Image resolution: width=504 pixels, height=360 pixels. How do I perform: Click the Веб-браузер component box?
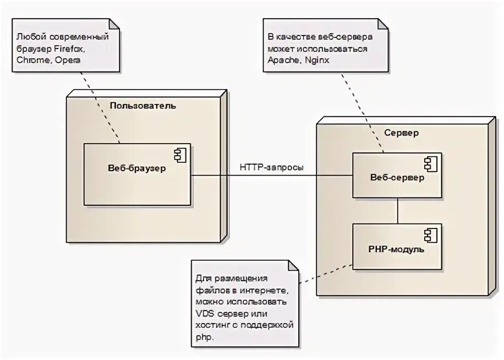[x=137, y=174]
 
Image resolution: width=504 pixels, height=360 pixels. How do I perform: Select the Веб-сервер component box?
[x=397, y=176]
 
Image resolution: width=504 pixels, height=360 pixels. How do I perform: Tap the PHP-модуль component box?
[x=397, y=247]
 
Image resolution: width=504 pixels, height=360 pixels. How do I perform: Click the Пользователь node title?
[x=143, y=106]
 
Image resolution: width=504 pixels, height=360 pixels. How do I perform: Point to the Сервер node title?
[x=401, y=133]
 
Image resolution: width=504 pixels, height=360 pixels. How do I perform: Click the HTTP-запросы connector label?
[x=271, y=167]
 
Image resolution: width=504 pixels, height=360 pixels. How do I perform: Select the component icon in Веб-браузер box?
[x=180, y=154]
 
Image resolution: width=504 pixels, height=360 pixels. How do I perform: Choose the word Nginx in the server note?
[x=317, y=60]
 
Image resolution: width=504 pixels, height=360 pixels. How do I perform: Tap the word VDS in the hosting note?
[x=206, y=313]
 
